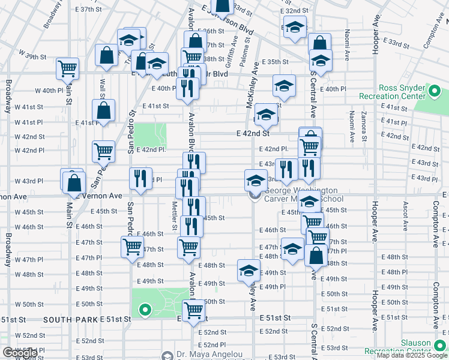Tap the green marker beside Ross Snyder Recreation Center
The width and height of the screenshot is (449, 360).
click(435, 92)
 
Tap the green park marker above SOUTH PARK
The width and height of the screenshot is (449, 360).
click(145, 310)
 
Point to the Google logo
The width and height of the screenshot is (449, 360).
click(20, 353)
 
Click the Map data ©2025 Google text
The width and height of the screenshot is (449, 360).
click(412, 355)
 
